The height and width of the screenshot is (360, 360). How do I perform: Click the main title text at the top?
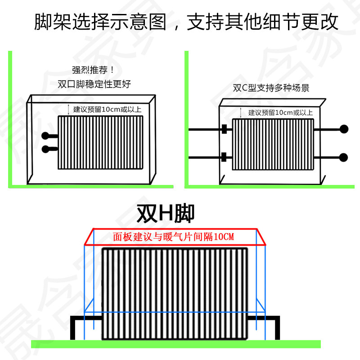tap(186, 22)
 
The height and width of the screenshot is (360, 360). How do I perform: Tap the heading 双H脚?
tap(166, 214)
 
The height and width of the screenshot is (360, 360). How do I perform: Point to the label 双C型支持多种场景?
tap(271, 88)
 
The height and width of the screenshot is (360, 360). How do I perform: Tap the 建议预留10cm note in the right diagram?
tap(280, 112)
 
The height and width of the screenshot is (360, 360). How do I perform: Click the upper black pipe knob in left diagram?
tap(45, 136)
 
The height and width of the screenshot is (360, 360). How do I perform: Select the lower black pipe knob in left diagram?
tap(45, 149)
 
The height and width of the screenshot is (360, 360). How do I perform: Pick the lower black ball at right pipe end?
tap(344, 157)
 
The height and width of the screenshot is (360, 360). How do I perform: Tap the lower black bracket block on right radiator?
tap(224, 157)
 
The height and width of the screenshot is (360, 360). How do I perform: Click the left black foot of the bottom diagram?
tap(76, 326)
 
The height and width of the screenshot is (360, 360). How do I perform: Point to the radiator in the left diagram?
tap(100, 143)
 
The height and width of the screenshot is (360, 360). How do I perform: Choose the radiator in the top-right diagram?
tap(272, 144)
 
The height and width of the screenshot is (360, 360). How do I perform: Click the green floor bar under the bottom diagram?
tap(175, 344)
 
